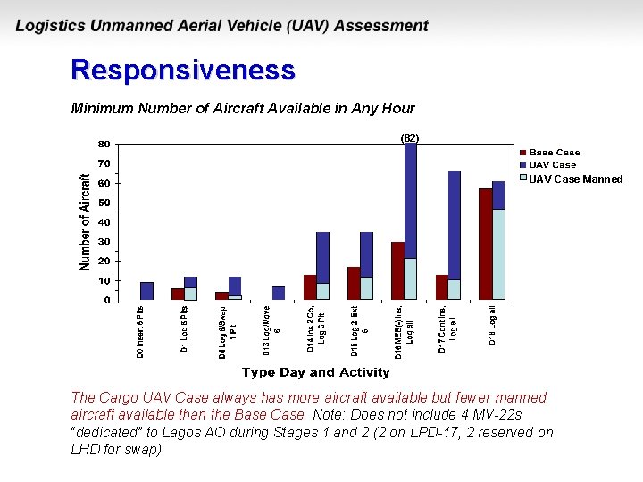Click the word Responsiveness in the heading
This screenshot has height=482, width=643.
(x=182, y=70)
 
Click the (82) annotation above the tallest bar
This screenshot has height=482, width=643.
(x=409, y=138)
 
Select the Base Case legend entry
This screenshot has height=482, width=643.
(x=554, y=153)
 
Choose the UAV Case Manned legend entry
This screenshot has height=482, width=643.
(x=575, y=179)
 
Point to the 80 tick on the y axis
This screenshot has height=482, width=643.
(x=104, y=144)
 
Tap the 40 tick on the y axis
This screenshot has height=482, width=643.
(x=104, y=222)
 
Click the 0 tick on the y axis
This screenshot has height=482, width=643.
(x=106, y=300)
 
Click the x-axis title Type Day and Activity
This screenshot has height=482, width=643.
(x=315, y=372)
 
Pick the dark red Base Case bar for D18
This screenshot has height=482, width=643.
(x=485, y=244)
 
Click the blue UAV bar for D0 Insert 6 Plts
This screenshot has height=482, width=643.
(x=147, y=291)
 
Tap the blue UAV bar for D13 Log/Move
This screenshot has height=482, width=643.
(x=279, y=293)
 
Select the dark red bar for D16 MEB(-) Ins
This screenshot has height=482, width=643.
(x=397, y=270)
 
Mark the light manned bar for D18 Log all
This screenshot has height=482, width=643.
(x=498, y=254)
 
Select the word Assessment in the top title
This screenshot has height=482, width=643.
(x=380, y=26)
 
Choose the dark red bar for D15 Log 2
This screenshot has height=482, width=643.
(x=354, y=283)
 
